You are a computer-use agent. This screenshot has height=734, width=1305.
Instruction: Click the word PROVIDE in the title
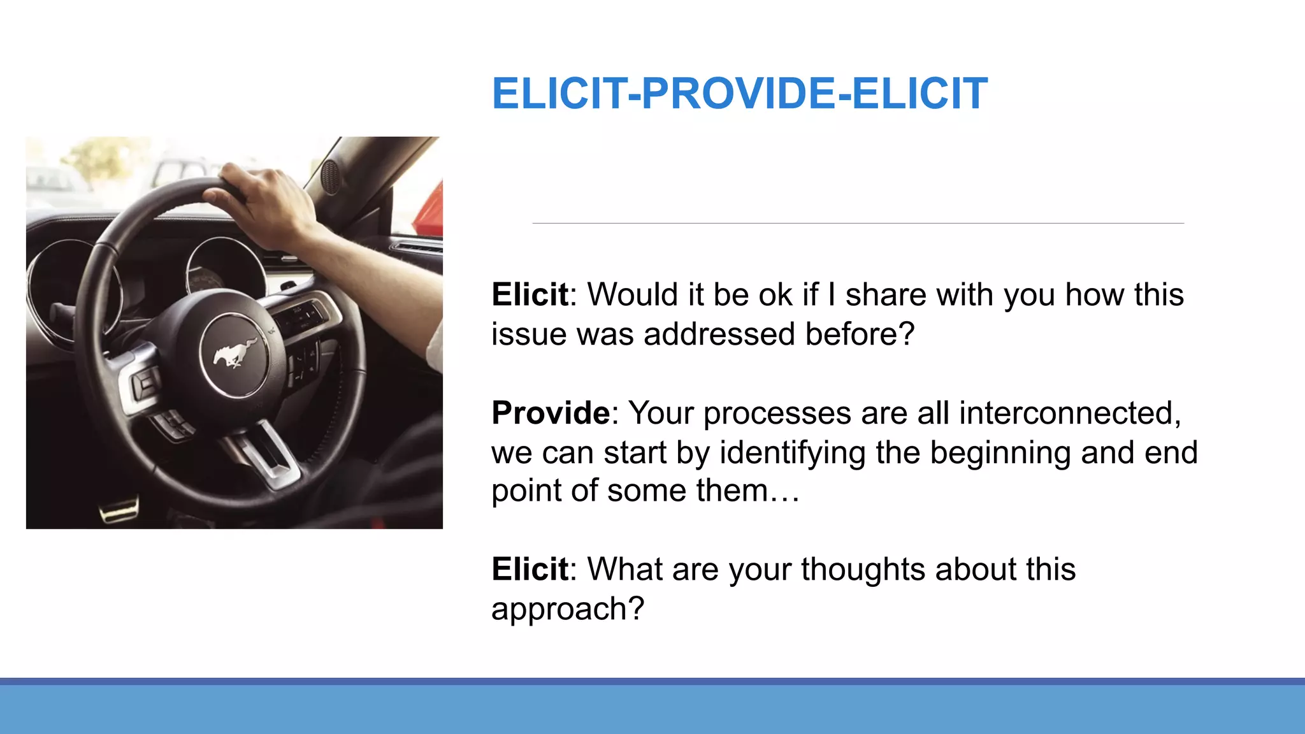737,94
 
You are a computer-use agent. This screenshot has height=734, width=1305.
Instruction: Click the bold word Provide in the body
551,413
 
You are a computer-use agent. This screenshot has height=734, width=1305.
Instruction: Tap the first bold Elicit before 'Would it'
530,294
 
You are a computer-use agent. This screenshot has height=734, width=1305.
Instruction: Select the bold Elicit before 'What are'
530,569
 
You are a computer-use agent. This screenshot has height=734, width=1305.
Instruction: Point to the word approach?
567,609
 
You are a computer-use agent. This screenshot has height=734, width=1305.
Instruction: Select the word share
886,295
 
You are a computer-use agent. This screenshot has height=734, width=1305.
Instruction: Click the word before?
859,334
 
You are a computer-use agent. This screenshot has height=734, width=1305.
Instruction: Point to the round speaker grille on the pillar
330,176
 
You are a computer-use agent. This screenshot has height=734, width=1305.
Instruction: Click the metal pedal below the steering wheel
120,510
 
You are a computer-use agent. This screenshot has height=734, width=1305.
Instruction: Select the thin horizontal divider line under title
858,224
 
